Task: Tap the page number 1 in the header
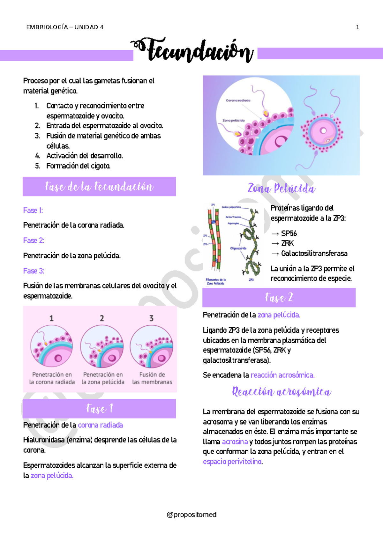click(357, 27)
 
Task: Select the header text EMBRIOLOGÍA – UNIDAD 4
click(65, 27)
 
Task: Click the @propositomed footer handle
click(191, 515)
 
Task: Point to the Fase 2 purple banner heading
click(279, 298)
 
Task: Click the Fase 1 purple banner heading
click(99, 409)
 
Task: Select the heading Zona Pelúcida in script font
click(282, 189)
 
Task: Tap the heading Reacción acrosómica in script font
click(282, 392)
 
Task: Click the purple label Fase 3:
click(34, 271)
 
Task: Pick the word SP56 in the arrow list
click(289, 233)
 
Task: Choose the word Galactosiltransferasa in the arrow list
click(314, 254)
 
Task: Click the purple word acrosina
click(235, 442)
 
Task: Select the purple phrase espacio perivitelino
click(232, 462)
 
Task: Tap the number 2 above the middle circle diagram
click(102, 318)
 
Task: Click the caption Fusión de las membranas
click(152, 378)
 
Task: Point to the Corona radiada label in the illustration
click(238, 100)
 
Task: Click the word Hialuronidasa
click(44, 440)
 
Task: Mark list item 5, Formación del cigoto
click(78, 166)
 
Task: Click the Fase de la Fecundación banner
click(99, 187)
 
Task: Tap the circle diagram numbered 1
click(52, 346)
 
